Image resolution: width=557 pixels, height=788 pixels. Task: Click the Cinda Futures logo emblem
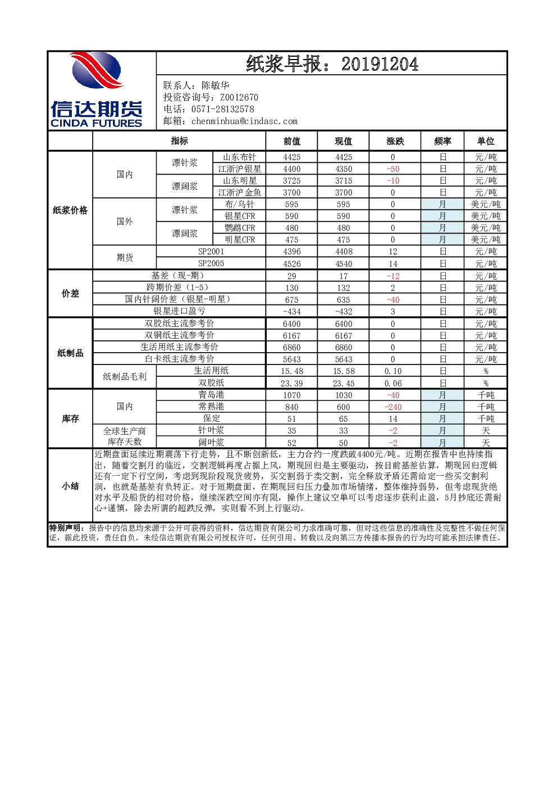coord(97,70)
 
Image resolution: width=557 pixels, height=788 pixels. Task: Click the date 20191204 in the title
coord(380,64)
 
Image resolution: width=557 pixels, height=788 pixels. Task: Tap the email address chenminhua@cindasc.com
coord(244,121)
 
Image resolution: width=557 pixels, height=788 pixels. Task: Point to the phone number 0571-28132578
coord(222,110)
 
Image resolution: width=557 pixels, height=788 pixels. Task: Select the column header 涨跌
coord(395,142)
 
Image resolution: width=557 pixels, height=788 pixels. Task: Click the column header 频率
coord(442,142)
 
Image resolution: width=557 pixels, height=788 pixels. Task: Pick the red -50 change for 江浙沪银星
coord(393,169)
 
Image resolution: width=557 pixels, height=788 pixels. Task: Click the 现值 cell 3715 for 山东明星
coord(344,181)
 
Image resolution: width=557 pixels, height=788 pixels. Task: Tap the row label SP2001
coord(211,252)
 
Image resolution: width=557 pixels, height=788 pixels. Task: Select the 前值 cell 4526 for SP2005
coord(292,263)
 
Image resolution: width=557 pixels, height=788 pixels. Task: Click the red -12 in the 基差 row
coord(393,276)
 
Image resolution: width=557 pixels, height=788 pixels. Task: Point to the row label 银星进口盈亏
coord(179,311)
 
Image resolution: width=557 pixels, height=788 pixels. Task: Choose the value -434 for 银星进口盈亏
coord(292,311)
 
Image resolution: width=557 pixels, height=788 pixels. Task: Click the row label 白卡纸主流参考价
coord(179,359)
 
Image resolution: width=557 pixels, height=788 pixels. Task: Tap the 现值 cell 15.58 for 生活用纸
coord(344,371)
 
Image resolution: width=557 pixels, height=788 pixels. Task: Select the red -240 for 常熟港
coord(393,407)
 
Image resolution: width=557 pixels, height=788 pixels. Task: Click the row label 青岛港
coord(211,395)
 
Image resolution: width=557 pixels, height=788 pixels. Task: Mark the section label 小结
coord(70,486)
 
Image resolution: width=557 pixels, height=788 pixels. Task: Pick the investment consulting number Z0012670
coord(239,97)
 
